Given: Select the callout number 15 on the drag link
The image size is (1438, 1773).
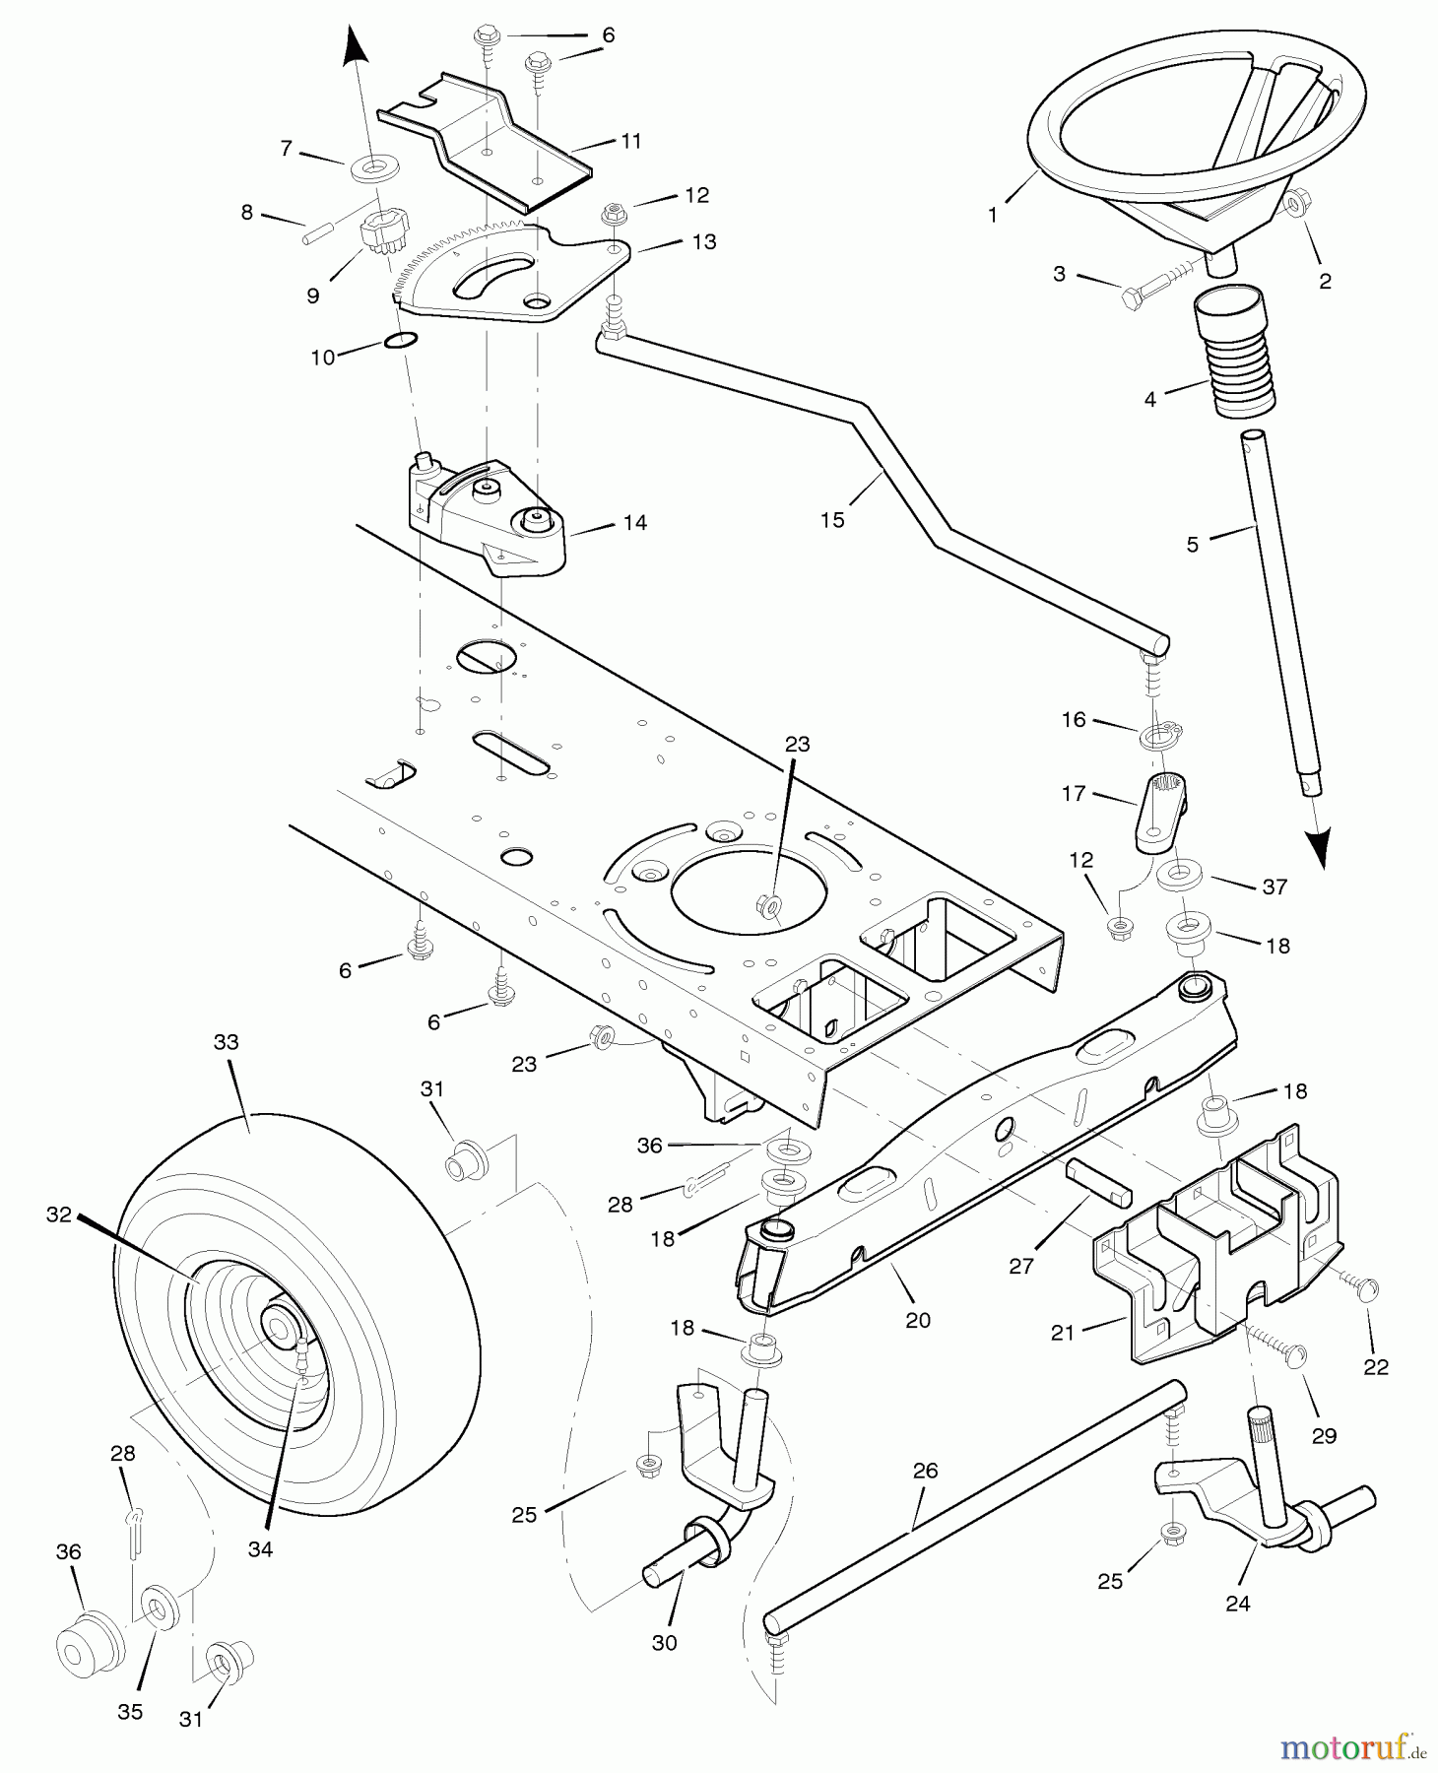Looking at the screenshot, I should pyautogui.click(x=832, y=520).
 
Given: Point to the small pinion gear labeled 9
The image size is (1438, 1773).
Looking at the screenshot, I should pyautogui.click(x=378, y=234).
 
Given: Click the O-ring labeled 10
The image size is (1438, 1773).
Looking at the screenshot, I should pyautogui.click(x=400, y=341).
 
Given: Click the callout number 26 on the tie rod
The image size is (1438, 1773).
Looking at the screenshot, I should pyautogui.click(x=925, y=1471).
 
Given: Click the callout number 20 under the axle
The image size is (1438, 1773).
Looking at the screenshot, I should pyautogui.click(x=917, y=1320).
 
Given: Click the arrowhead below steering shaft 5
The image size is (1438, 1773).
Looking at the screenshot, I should pyautogui.click(x=1318, y=847).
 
